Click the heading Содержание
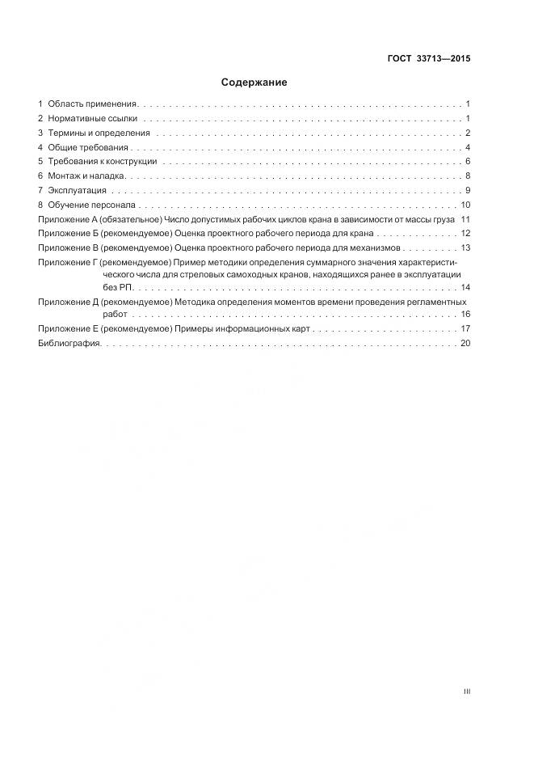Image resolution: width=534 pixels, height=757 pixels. [254, 82]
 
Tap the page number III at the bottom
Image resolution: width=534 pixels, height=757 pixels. [466, 692]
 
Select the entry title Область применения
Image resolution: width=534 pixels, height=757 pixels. [93, 104]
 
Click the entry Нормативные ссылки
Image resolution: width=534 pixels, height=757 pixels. [92, 118]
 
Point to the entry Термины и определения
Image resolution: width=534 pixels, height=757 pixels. [99, 133]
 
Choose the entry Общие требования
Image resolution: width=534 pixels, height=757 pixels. [89, 147]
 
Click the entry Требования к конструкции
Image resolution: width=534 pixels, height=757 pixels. [102, 162]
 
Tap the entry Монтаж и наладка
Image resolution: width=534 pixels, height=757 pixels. [87, 176]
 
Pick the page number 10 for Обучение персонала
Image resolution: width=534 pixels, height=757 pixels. [465, 205]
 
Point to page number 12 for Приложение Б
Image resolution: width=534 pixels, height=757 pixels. [465, 234]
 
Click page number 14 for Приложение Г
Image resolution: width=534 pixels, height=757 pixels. [465, 287]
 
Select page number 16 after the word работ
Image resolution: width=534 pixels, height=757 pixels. [465, 314]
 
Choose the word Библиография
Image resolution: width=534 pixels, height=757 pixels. [69, 344]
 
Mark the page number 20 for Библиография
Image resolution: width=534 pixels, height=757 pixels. [465, 344]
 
